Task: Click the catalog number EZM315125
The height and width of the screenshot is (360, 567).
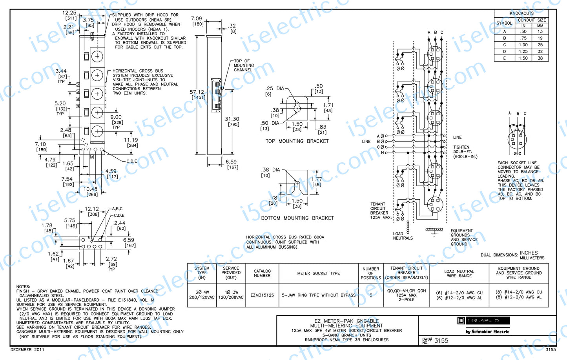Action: [x=262, y=295]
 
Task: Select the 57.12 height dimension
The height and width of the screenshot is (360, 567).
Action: [x=197, y=93]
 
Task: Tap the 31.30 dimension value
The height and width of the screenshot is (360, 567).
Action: [x=232, y=119]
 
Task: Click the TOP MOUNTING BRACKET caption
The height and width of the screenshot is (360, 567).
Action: [x=297, y=141]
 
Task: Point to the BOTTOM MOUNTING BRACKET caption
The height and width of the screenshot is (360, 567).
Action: [x=297, y=218]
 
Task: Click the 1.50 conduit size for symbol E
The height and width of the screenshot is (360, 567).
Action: [x=523, y=58]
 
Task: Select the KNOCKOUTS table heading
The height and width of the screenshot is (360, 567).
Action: [x=521, y=13]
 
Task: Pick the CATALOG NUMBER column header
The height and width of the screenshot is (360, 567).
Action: [x=262, y=273]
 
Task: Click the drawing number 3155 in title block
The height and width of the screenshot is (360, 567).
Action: [x=441, y=341]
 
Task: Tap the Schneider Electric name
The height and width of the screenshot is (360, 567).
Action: [x=488, y=332]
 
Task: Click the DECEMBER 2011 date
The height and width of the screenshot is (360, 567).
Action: [x=27, y=349]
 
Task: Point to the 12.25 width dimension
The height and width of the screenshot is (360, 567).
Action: [x=69, y=13]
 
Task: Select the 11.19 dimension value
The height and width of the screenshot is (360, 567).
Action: [x=131, y=140]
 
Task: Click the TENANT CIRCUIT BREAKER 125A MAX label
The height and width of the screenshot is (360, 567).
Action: [x=380, y=211]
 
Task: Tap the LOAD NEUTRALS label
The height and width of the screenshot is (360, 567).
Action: [x=403, y=236]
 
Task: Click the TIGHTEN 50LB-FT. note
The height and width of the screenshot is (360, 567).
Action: [x=465, y=152]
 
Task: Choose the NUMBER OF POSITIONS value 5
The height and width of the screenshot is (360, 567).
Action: [x=371, y=295]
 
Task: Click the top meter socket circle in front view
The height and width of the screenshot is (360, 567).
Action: [x=97, y=56]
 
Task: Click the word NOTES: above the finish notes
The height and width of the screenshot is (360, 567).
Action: [x=23, y=287]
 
